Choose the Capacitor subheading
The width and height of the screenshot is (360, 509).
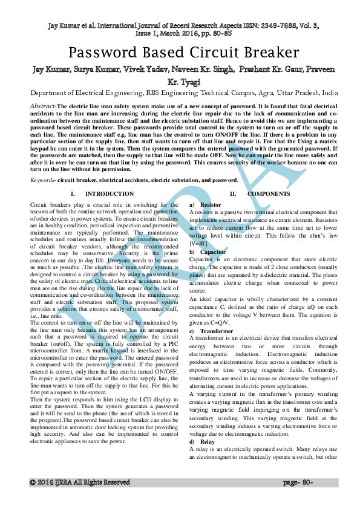[212, 251]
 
